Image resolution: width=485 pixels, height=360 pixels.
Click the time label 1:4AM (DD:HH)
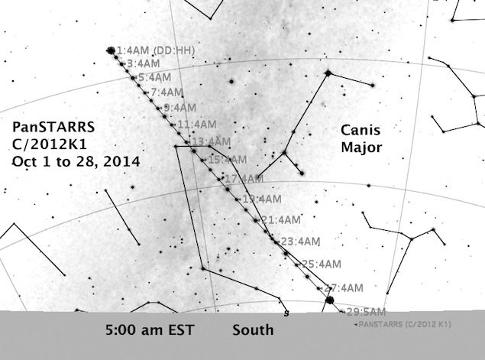click(x=157, y=50)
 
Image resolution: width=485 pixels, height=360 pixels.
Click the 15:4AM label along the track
click(x=228, y=160)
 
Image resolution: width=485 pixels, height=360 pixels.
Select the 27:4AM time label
click(x=343, y=288)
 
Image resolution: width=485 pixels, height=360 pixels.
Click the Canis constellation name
click(x=360, y=130)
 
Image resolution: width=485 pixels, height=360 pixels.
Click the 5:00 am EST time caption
click(x=150, y=332)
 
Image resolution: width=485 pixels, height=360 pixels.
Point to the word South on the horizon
click(x=253, y=332)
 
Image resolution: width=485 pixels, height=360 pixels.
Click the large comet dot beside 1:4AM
click(x=111, y=50)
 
